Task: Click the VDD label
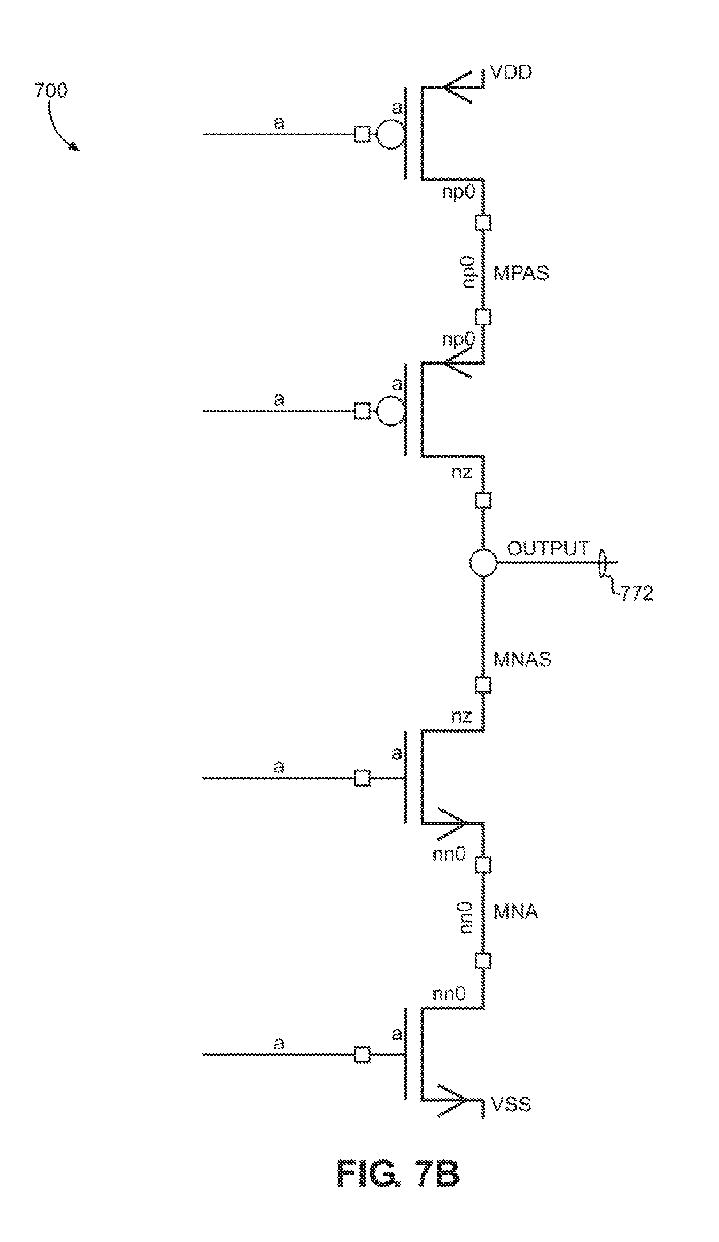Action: [x=511, y=73]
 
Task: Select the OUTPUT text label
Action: [x=548, y=548]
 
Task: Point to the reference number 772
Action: [x=637, y=593]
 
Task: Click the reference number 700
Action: [x=51, y=91]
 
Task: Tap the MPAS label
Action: [x=521, y=273]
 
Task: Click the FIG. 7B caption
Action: [x=398, y=1173]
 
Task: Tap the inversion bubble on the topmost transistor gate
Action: [x=390, y=134]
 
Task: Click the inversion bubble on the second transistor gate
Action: [x=390, y=411]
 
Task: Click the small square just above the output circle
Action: [x=483, y=501]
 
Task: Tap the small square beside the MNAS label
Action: [x=483, y=685]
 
